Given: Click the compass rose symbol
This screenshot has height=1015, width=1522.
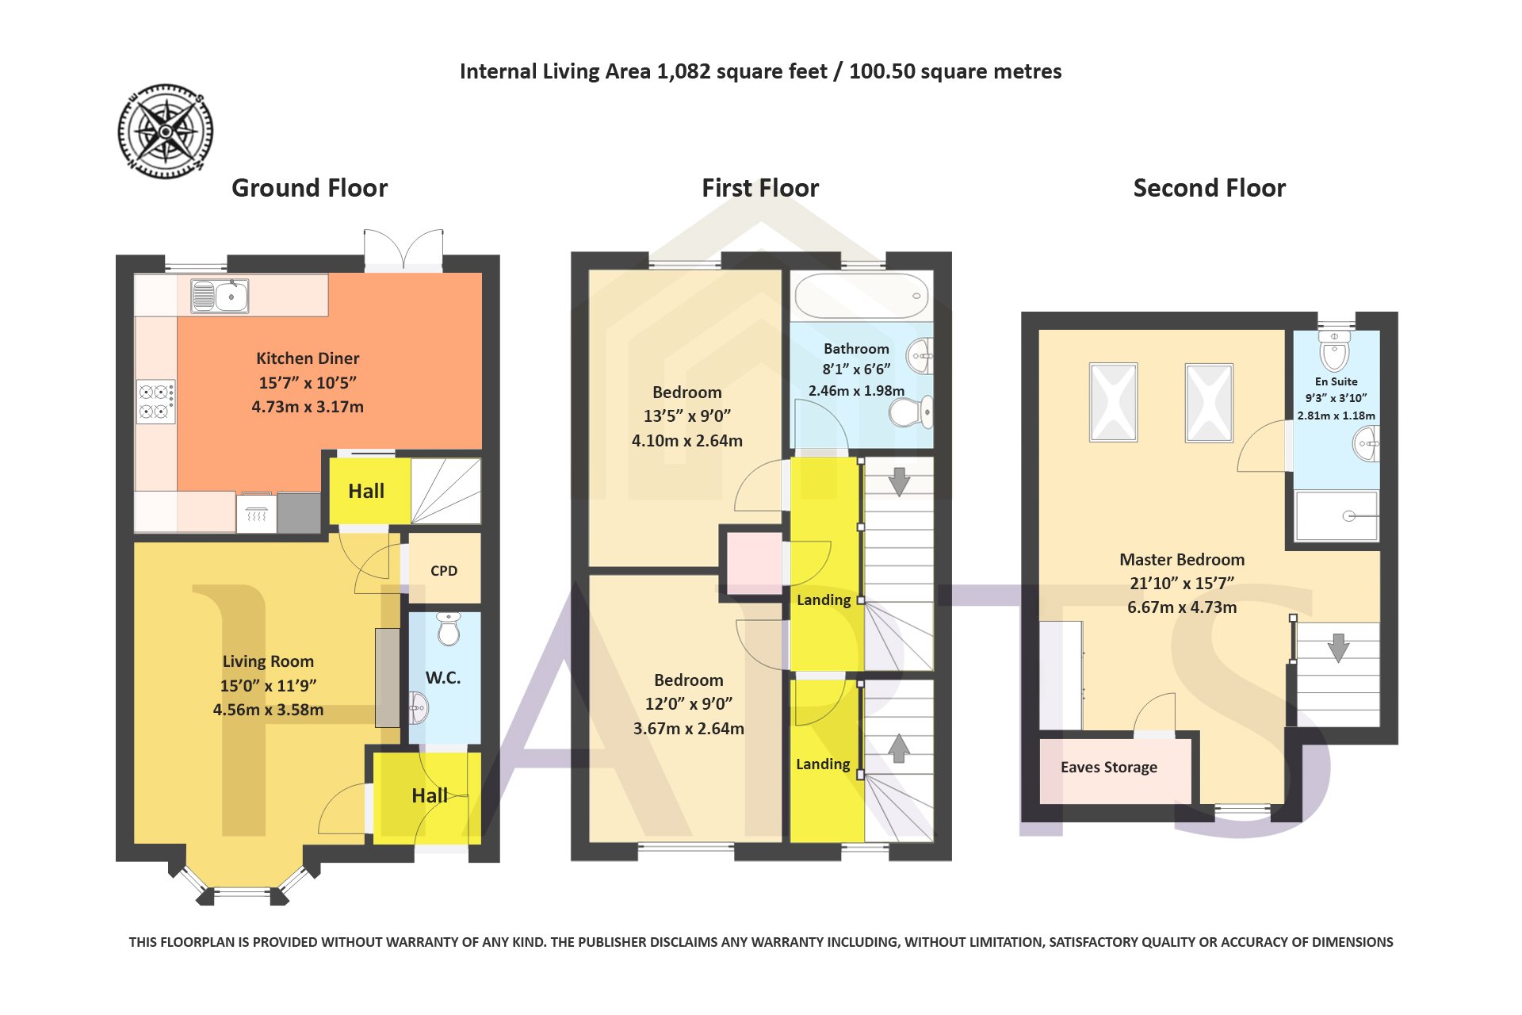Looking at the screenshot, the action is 166,131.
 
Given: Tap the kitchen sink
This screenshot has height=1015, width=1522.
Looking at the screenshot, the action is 220,296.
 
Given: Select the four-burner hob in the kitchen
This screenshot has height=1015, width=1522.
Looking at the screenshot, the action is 156,401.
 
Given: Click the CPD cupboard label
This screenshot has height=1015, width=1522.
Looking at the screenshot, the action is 444,571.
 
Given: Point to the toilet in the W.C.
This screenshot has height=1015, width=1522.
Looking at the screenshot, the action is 449,628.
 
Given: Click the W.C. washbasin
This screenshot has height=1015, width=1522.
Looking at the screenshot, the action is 418,707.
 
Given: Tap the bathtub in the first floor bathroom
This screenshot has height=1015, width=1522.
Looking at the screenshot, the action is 862,296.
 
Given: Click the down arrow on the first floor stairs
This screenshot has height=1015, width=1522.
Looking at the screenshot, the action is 899,482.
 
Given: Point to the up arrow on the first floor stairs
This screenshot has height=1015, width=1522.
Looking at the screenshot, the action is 898,748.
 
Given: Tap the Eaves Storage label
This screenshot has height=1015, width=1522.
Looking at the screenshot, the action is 1109,768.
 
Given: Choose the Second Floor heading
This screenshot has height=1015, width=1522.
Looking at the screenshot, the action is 1210,188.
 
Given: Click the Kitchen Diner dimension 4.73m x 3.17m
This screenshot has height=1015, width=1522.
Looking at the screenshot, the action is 308,407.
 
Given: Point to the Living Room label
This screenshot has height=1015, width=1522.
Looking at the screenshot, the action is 268,661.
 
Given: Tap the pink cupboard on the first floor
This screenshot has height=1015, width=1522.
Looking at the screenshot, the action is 754,562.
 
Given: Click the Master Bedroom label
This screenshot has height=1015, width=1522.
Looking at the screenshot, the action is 1182,560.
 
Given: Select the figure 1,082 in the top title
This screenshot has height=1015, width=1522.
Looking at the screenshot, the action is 683,72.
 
